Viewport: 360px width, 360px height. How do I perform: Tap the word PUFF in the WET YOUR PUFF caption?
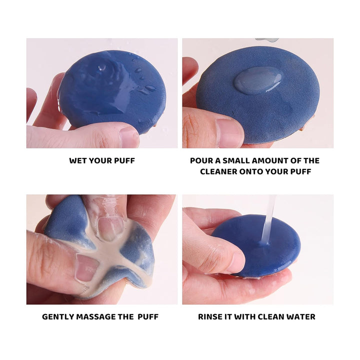124,160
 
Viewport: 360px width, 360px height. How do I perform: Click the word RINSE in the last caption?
210,316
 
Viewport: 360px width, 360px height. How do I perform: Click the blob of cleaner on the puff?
258,80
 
